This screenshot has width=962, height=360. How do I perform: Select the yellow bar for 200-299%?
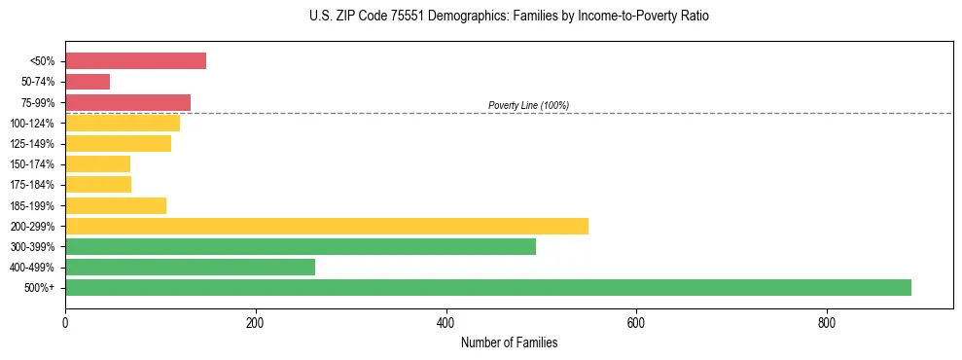(327, 226)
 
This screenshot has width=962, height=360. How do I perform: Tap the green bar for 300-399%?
(301, 246)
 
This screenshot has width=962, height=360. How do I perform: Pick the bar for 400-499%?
(190, 267)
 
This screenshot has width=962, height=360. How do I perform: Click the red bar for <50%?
(135, 60)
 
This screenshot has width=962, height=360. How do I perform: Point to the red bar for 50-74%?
(88, 81)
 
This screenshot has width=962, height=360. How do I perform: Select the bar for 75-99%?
(127, 102)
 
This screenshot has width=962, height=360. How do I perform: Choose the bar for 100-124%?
(123, 123)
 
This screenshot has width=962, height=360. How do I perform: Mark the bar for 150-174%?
(97, 163)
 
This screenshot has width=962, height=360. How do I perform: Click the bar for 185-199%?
(116, 205)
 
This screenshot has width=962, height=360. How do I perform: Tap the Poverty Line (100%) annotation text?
(528, 105)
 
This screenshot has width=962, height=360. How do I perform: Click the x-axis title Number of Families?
(509, 342)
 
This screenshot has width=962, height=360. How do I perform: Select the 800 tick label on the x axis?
(827, 322)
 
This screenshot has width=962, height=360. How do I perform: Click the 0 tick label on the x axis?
(65, 322)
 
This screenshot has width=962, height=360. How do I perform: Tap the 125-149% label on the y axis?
(32, 144)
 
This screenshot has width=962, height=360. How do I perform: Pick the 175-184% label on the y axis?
(32, 185)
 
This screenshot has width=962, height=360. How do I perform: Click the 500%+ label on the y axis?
(40, 288)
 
